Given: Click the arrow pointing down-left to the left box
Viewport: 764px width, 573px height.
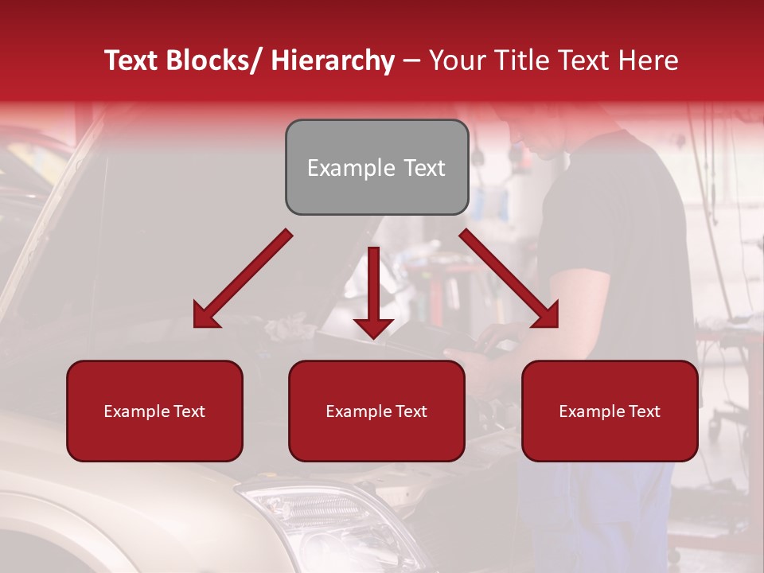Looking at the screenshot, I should click(243, 279).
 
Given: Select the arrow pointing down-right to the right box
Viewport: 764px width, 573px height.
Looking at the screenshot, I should click(509, 279).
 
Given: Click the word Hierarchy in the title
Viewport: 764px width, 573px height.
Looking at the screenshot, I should click(333, 60).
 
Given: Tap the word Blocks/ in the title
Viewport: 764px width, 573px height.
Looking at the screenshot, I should click(216, 60).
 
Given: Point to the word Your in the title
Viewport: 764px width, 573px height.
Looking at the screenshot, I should click(456, 60).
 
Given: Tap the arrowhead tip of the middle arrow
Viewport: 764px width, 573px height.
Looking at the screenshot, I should click(373, 337).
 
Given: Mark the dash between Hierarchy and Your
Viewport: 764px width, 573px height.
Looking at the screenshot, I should click(411, 60).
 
